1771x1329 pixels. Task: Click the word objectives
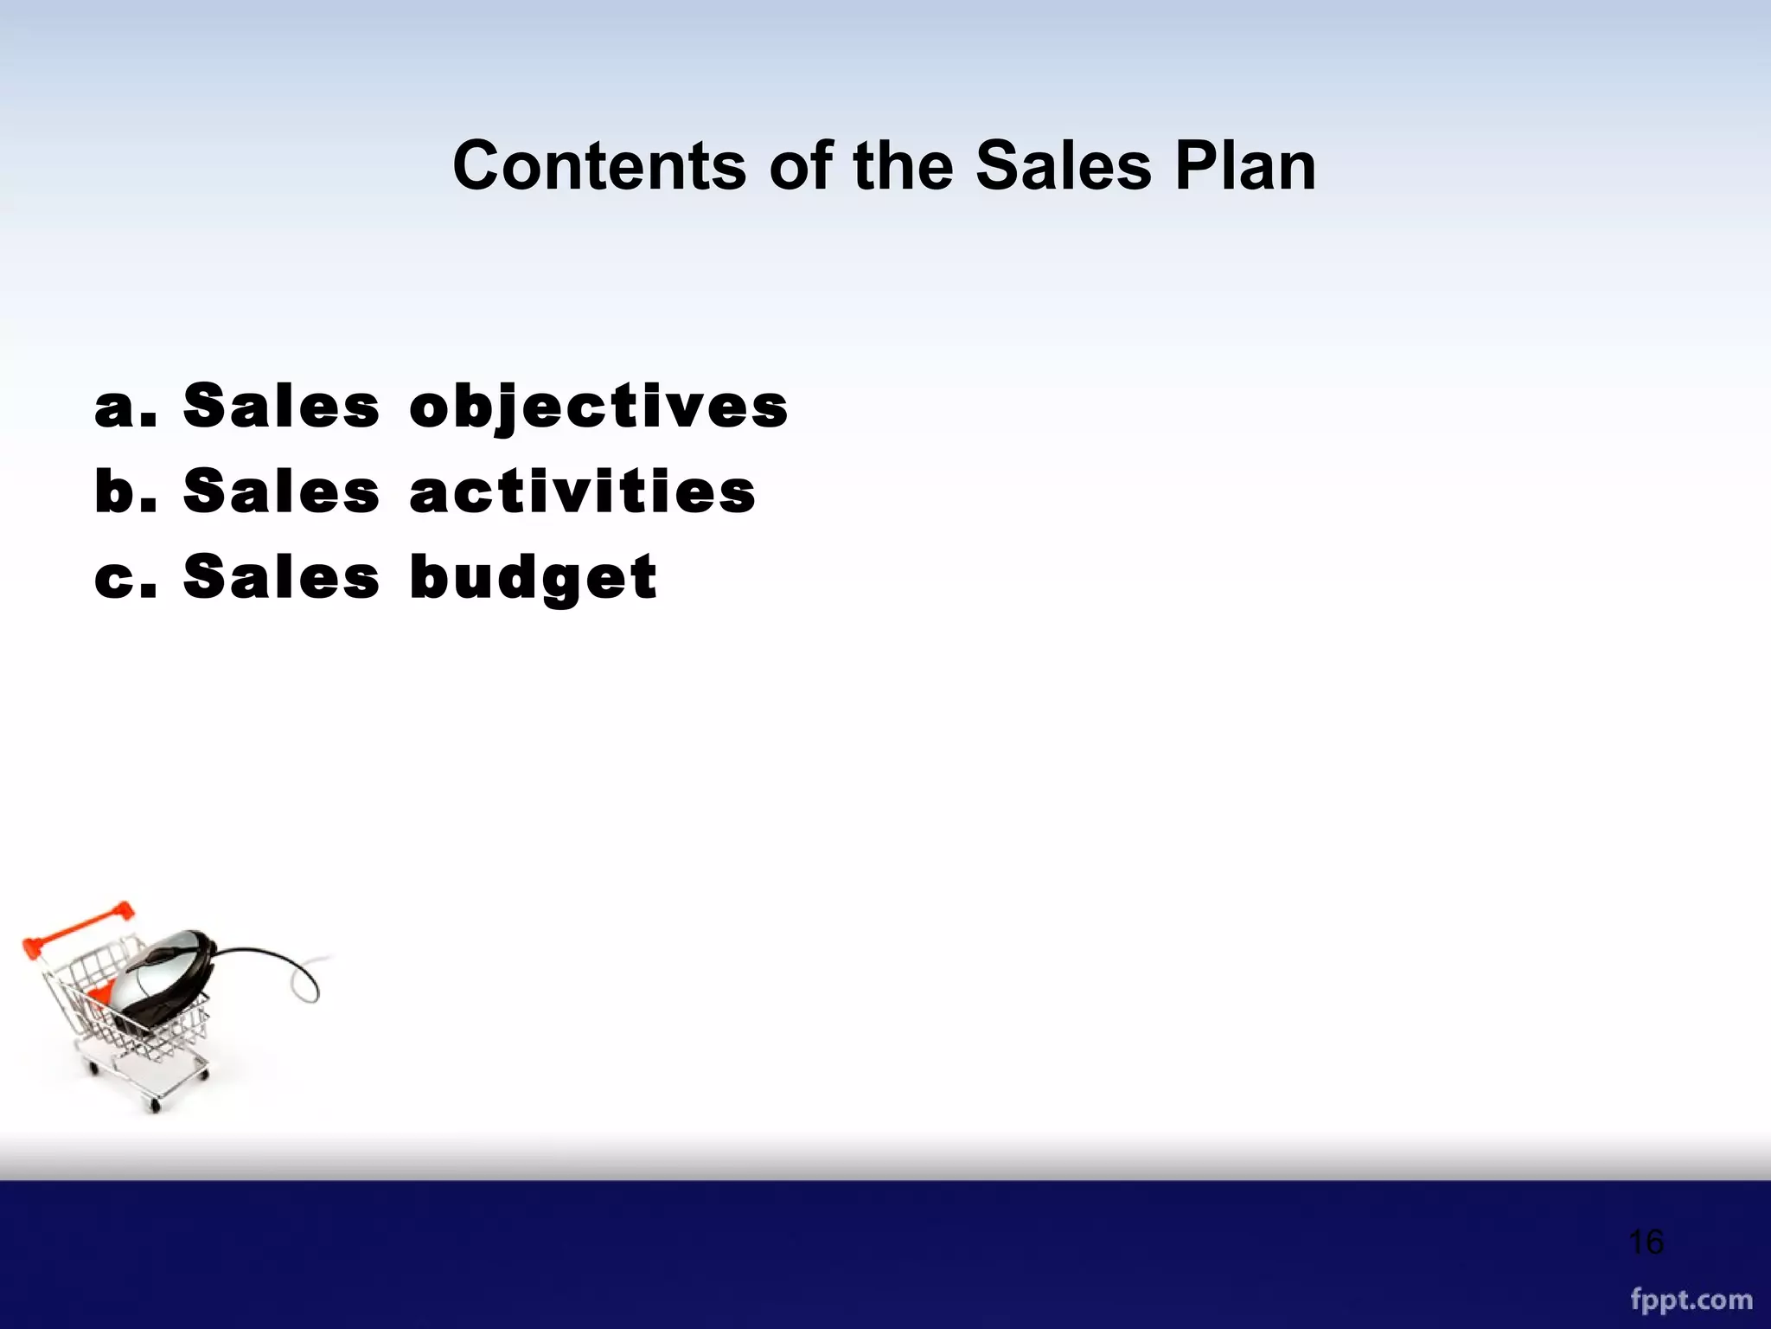(x=598, y=407)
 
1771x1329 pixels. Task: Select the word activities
(x=583, y=491)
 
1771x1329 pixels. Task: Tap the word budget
(x=534, y=578)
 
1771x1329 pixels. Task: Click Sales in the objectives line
(x=282, y=407)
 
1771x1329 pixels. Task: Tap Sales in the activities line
(x=282, y=491)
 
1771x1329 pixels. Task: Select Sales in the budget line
(x=282, y=578)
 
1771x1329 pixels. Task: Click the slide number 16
(x=1646, y=1242)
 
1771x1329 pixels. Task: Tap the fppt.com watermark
(x=1691, y=1300)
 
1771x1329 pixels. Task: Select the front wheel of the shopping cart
(x=155, y=1105)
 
